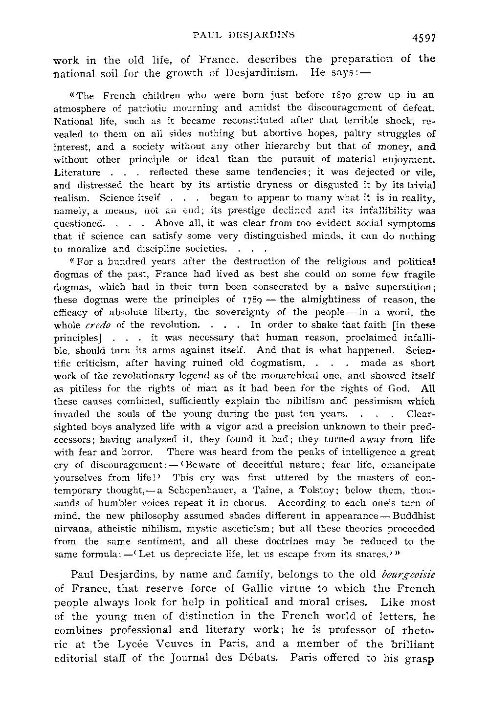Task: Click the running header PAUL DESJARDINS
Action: click(244, 35)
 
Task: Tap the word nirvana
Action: click(68, 529)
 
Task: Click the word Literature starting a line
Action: click(76, 172)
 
